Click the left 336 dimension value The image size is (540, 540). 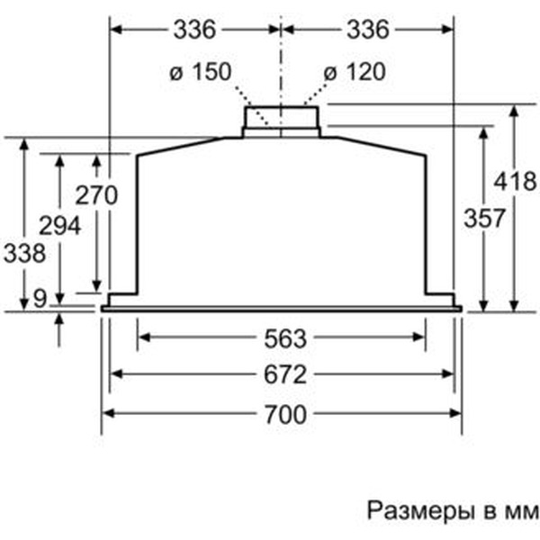click(x=195, y=30)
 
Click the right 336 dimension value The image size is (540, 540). click(x=366, y=30)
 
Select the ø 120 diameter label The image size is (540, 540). click(x=355, y=73)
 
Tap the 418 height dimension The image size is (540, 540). click(x=517, y=181)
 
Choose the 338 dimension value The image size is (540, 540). click(x=24, y=253)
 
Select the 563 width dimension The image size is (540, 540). click(x=284, y=339)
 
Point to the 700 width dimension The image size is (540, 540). click(x=284, y=414)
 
